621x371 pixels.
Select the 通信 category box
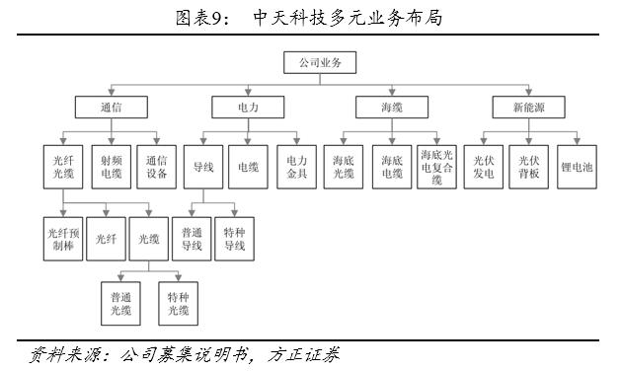tap(111, 106)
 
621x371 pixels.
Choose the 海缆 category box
tap(390, 106)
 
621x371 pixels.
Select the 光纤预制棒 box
tap(63, 240)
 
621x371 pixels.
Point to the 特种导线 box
tap(234, 240)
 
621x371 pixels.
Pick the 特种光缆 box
tap(178, 303)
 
